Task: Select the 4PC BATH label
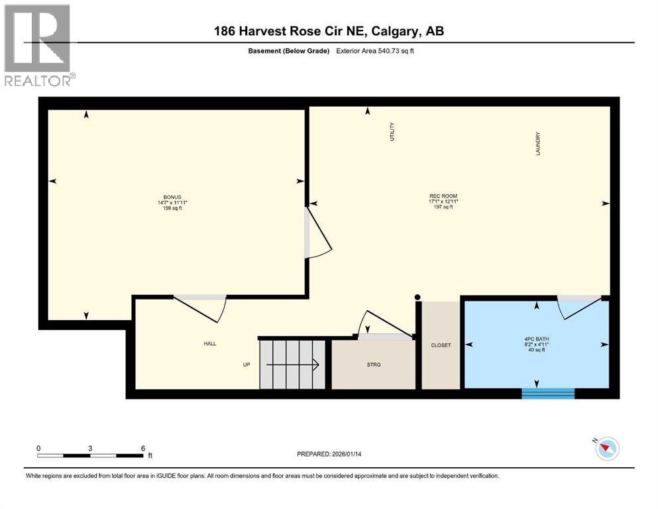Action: point(537,339)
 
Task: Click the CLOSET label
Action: point(441,345)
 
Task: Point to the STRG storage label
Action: point(372,365)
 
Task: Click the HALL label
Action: point(210,343)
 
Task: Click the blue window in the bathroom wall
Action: point(547,393)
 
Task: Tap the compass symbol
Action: point(606,449)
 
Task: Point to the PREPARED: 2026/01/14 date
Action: point(331,454)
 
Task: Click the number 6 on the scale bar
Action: point(142,448)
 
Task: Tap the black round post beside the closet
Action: point(417,297)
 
